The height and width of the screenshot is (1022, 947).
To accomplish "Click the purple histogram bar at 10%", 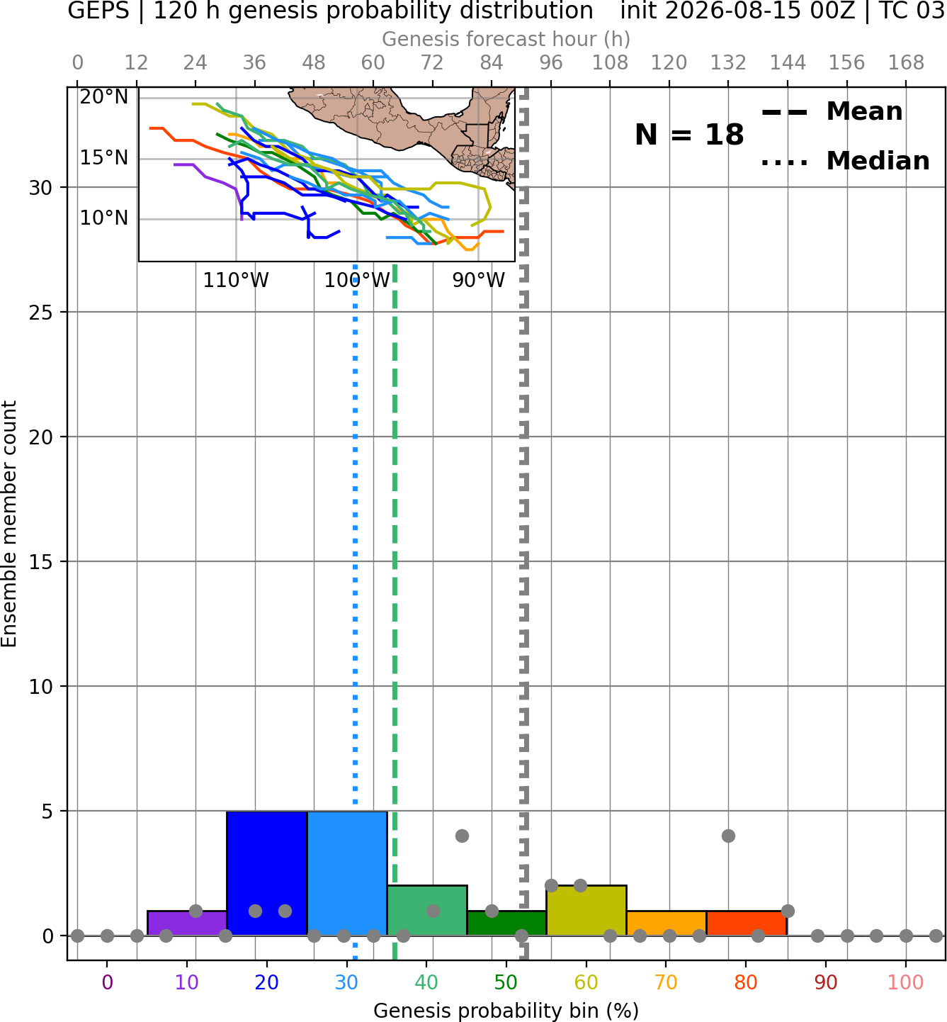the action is click(187, 923).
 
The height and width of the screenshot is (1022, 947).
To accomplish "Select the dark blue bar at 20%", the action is click(267, 873).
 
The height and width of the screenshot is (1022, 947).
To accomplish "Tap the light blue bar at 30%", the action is click(347, 873).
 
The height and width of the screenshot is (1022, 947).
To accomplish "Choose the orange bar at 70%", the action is click(667, 923).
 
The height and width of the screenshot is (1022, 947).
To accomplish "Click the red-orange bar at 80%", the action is click(747, 923).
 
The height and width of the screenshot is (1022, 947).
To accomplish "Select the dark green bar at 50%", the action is click(506, 923).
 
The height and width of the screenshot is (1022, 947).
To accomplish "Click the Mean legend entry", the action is click(832, 112).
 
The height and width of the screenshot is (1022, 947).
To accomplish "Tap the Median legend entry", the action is click(845, 161).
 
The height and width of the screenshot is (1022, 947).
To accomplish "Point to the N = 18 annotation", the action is click(689, 135).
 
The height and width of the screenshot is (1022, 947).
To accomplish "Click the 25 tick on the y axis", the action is click(40, 313).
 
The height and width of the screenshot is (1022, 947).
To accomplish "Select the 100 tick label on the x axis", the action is click(906, 982).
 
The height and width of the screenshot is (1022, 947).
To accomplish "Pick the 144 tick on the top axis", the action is click(788, 63).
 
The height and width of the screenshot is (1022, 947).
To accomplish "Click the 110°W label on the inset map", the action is click(236, 281).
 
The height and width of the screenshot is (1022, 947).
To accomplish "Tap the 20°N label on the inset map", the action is click(104, 97).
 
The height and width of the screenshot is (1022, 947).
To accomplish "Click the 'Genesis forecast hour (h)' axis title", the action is click(506, 39).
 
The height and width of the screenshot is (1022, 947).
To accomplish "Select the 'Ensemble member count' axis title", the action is click(9, 524).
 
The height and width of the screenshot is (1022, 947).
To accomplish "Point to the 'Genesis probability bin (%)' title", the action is click(506, 1011).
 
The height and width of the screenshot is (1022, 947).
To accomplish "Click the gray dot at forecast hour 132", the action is click(728, 836).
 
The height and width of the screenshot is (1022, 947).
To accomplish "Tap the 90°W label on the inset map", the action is click(478, 281).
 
